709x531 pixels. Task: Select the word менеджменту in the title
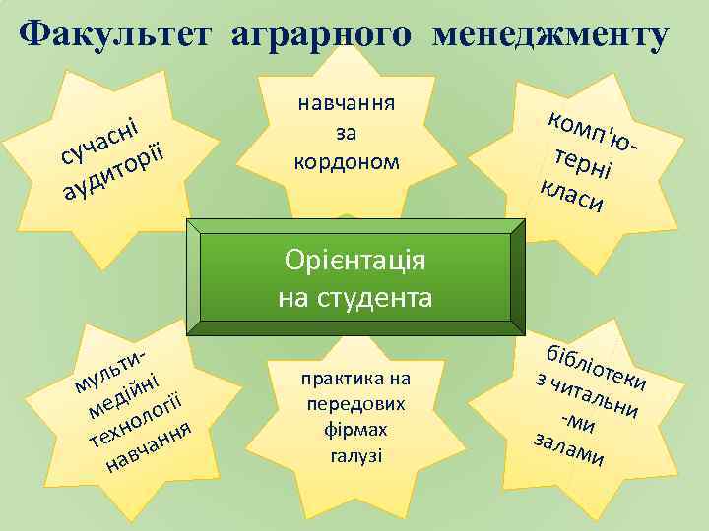tap(552, 36)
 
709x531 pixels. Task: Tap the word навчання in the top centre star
tap(346, 102)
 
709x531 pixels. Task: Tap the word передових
tap(344, 404)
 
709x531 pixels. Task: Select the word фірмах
tap(344, 430)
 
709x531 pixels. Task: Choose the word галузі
tap(344, 455)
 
